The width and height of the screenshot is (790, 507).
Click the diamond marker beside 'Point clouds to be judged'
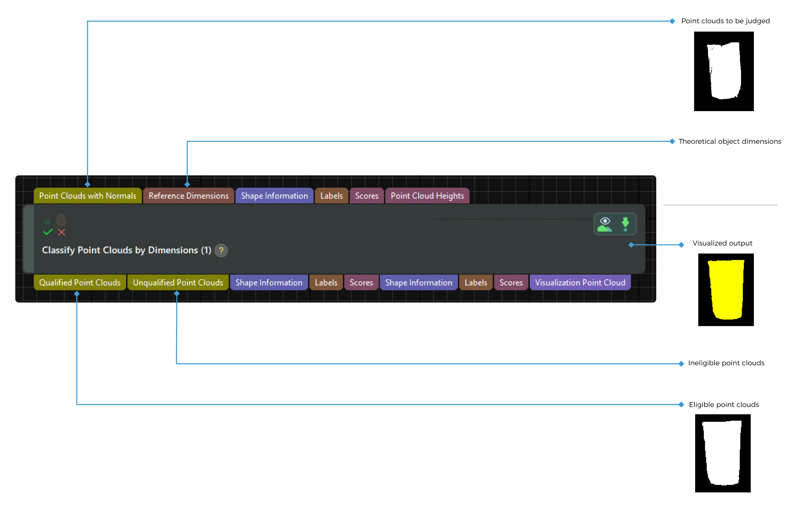(672, 21)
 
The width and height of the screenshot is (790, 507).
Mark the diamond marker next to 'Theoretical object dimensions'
(672, 141)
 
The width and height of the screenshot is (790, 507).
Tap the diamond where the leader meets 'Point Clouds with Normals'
(88, 184)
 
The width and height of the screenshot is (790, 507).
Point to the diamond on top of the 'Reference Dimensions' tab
(187, 184)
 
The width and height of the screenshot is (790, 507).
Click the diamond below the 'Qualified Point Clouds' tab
(77, 294)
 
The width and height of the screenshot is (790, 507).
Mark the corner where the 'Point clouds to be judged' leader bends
(88, 21)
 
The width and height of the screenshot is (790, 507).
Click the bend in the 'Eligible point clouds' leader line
(77, 405)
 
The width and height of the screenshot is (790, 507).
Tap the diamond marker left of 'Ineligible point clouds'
(681, 364)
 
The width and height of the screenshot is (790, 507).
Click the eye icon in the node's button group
(605, 224)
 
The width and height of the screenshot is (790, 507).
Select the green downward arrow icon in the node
(625, 224)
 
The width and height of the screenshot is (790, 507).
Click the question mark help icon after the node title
(221, 250)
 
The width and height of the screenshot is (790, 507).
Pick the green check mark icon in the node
(48, 232)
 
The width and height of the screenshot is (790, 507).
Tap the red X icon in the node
(62, 232)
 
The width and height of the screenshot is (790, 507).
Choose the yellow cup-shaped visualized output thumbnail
(726, 290)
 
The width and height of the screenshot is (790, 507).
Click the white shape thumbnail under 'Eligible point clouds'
(723, 453)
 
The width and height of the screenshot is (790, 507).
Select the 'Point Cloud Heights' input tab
(427, 196)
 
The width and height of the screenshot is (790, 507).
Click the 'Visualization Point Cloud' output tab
(580, 283)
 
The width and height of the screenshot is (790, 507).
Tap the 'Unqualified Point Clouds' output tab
(178, 283)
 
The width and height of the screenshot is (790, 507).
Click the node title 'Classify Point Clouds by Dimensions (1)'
(127, 250)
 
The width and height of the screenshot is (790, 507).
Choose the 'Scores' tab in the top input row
(367, 196)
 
